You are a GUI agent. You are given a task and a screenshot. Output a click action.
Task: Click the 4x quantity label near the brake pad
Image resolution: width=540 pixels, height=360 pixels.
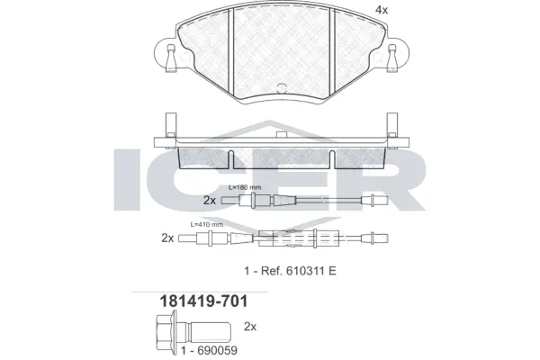(x=382, y=11)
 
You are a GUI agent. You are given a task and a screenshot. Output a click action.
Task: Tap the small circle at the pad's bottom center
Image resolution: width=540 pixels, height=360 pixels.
(x=280, y=88)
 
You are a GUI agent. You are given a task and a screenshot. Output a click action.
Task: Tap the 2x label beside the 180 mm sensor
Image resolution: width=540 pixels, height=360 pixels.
(x=210, y=200)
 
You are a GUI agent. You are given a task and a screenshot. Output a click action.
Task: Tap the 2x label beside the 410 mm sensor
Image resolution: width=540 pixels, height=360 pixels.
(x=167, y=238)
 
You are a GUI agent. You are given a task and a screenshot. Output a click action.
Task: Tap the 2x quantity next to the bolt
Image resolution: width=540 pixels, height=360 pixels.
(x=251, y=326)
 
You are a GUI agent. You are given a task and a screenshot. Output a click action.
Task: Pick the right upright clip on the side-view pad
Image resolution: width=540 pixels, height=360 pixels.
(x=392, y=126)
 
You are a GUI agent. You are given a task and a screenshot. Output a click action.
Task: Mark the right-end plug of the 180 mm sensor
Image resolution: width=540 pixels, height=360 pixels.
(x=370, y=201)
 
